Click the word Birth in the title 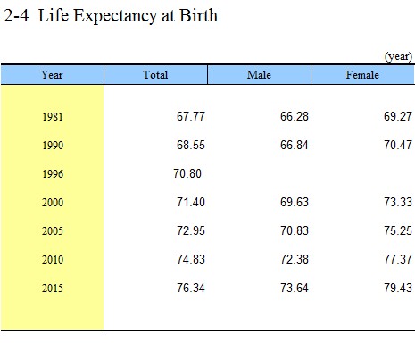click(x=198, y=15)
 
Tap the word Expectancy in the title click(x=115, y=17)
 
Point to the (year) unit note click(x=398, y=56)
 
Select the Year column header click(x=52, y=75)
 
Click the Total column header click(x=155, y=75)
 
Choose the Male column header click(x=259, y=75)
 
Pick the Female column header click(x=362, y=75)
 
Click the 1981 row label click(x=53, y=116)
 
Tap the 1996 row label click(x=53, y=173)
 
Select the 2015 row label click(x=53, y=288)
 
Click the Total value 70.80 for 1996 click(x=187, y=173)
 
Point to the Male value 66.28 click(x=295, y=116)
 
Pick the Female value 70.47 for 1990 click(x=398, y=145)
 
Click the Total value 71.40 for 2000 click(x=191, y=202)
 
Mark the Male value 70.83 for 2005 click(x=295, y=230)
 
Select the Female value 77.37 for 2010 click(x=398, y=259)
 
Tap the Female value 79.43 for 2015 click(x=398, y=288)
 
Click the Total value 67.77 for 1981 click(x=191, y=116)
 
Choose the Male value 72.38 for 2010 click(x=295, y=259)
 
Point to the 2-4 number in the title click(x=16, y=15)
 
